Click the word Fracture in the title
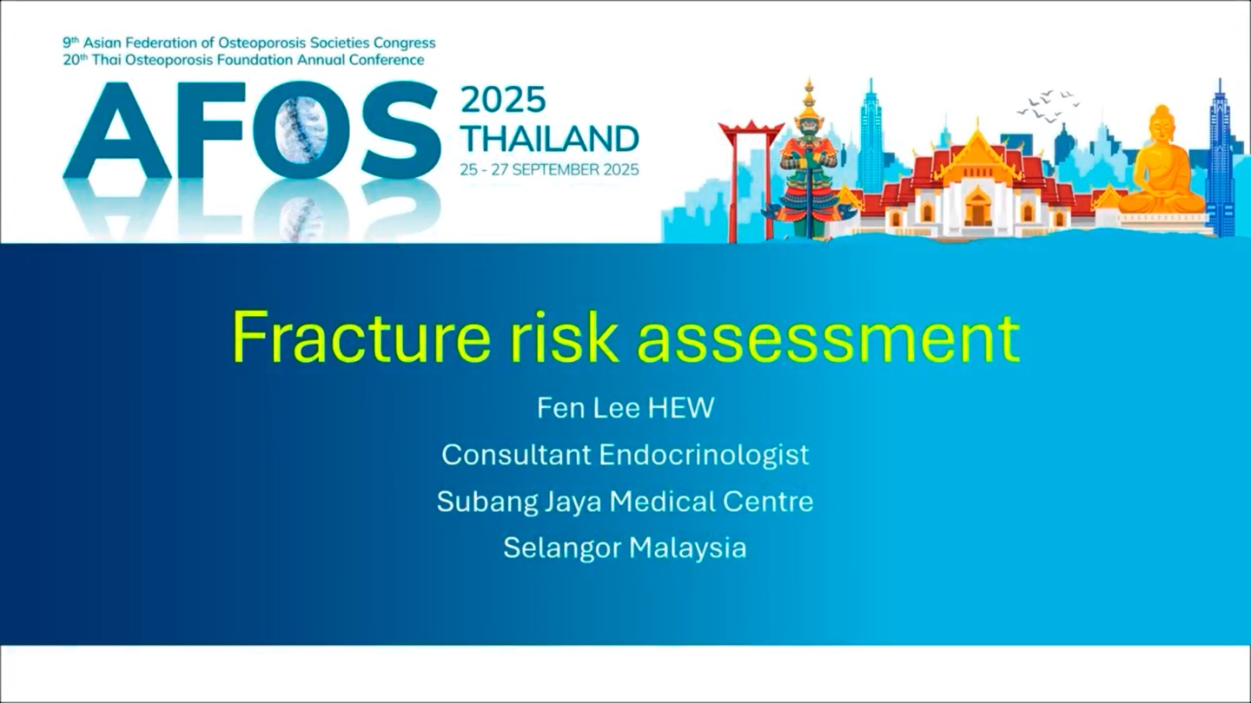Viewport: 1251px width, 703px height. coord(361,337)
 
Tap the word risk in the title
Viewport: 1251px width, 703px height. coord(564,337)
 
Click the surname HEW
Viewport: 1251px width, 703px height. coord(681,408)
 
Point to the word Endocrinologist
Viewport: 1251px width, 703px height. coord(705,456)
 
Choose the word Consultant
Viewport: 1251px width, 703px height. coord(516,455)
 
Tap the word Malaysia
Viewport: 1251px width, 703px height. coord(688,549)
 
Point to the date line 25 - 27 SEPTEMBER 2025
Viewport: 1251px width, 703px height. coord(550,169)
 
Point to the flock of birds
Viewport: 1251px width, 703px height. coord(1047,105)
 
